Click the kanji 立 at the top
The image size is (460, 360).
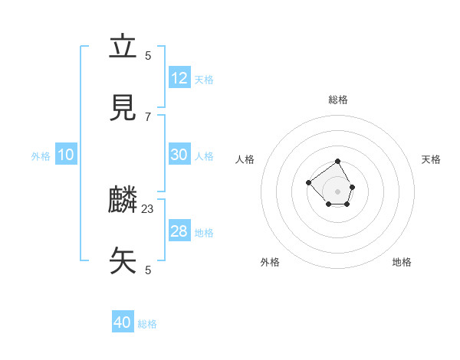(123, 47)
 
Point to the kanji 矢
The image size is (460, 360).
(123, 260)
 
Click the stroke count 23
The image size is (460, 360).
(148, 208)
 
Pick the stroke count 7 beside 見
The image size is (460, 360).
(148, 116)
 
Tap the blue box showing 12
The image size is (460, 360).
(179, 78)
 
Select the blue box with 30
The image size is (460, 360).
(179, 155)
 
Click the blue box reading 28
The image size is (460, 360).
(179, 231)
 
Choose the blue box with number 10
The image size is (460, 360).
(66, 155)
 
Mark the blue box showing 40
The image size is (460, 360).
(123, 322)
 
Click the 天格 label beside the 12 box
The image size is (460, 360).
(204, 80)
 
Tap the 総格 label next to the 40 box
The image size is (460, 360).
(147, 324)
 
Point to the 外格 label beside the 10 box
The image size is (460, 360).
(41, 156)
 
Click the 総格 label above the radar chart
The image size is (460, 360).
(338, 100)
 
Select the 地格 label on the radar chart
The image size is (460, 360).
(402, 262)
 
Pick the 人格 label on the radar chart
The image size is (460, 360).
(245, 159)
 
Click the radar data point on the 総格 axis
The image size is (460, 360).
(338, 162)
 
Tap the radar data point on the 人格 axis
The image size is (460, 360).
(308, 182)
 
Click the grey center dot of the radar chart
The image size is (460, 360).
(338, 191)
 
